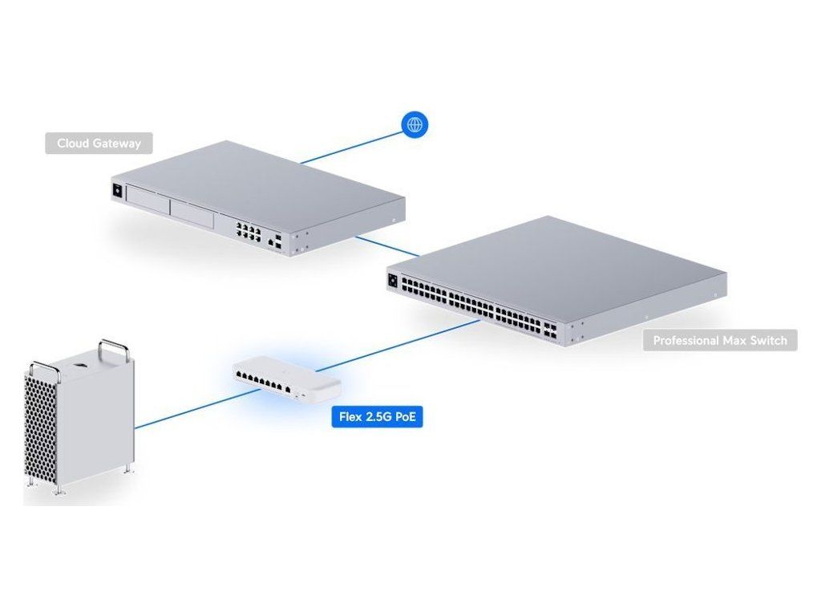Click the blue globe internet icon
tap(415, 124)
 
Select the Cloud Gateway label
tap(99, 144)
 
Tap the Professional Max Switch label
tap(719, 340)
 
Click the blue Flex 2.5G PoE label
tap(377, 418)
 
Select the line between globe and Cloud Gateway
tap(353, 144)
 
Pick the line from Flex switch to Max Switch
tap(401, 346)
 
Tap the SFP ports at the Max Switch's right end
tap(551, 329)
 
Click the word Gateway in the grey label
tap(116, 144)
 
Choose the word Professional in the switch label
tap(687, 340)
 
